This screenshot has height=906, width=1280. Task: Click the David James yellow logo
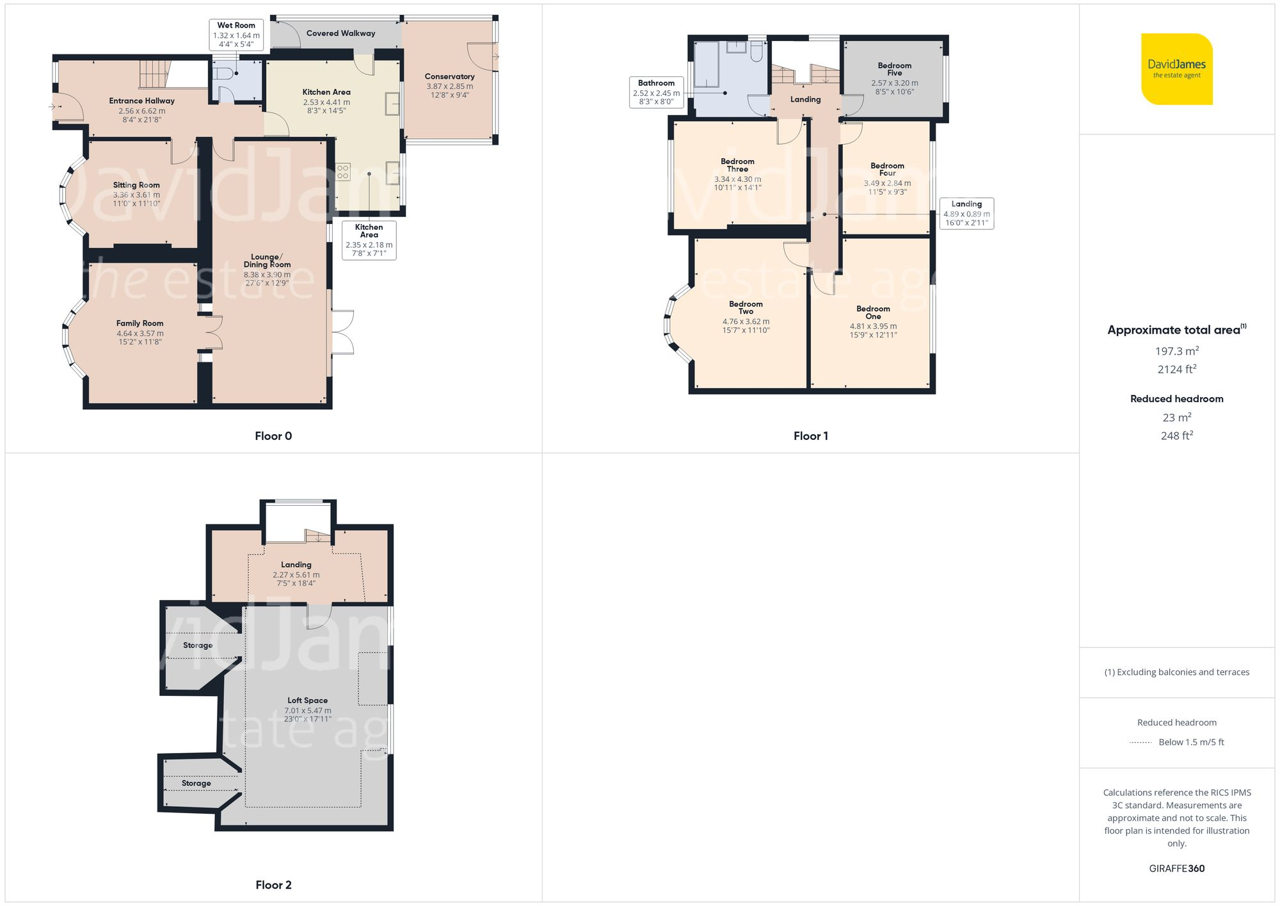(1176, 69)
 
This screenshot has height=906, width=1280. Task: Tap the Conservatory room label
(449, 77)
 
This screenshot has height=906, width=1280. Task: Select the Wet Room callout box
(236, 35)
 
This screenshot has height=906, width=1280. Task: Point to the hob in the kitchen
(343, 172)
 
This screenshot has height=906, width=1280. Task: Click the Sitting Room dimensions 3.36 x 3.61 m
(136, 195)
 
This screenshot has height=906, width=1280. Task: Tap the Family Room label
(140, 323)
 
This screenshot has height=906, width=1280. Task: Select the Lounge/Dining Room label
(267, 261)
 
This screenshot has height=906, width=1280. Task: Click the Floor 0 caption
(273, 436)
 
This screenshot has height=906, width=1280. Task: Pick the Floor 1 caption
(810, 436)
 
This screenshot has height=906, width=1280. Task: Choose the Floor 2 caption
(273, 885)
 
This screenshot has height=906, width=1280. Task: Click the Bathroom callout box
(656, 93)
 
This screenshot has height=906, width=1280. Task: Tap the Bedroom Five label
(894, 69)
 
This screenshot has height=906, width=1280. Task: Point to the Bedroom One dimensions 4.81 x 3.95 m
(873, 326)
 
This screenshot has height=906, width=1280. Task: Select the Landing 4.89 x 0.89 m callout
(966, 213)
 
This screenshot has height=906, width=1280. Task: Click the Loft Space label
(307, 700)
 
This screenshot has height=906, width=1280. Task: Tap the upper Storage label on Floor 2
(198, 645)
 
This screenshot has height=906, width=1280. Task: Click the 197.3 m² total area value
(1176, 351)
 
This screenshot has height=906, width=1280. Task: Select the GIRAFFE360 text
(1176, 869)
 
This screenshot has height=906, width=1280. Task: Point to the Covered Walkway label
(340, 33)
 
